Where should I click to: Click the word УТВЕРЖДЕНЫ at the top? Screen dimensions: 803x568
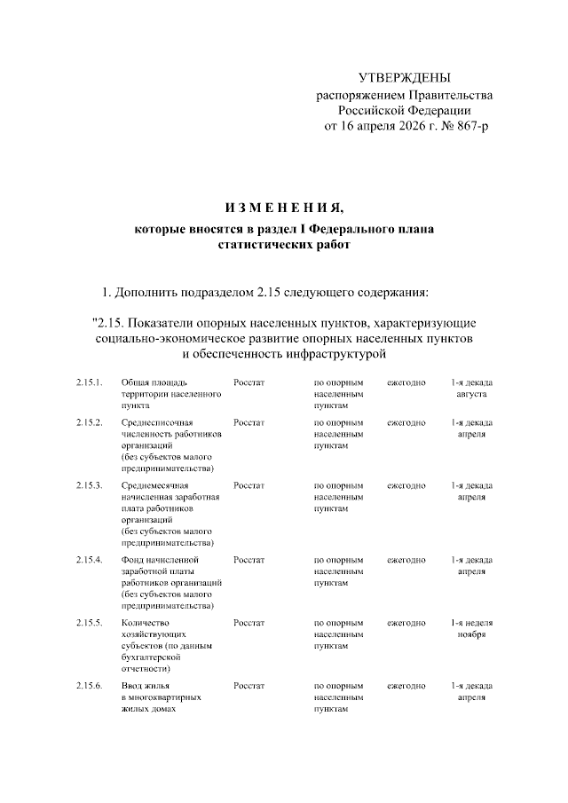tap(404, 78)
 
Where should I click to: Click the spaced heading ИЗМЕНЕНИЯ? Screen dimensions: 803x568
tap(284, 209)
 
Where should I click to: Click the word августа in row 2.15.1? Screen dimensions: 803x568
tap(471, 393)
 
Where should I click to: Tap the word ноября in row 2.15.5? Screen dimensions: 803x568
tap(471, 634)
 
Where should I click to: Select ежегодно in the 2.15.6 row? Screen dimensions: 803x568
tap(406, 687)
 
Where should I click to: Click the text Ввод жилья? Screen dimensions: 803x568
tap(146, 687)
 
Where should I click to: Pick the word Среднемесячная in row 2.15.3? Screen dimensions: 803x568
tap(156, 485)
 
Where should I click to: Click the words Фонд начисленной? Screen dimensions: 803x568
tap(160, 560)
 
